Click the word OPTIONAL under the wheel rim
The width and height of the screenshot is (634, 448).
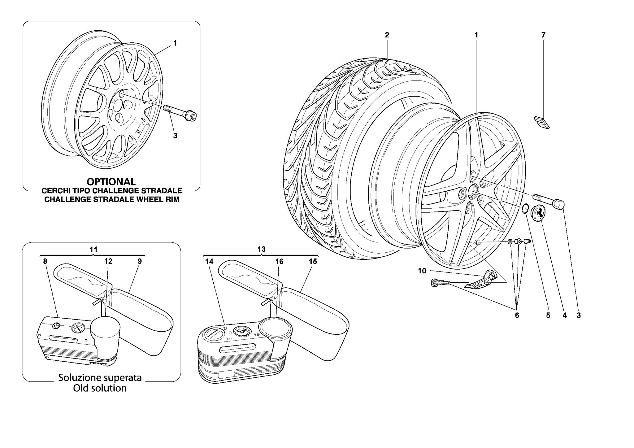[111, 182]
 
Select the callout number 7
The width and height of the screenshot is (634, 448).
[543, 35]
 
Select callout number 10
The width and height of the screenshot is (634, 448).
[422, 271]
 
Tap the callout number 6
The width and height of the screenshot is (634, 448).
[517, 315]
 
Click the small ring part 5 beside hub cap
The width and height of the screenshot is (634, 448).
[525, 209]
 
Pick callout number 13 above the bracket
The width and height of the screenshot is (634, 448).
[261, 249]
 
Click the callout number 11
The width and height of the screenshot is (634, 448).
[93, 249]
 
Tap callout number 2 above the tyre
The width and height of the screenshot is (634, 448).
[387, 35]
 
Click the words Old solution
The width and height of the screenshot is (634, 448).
[100, 388]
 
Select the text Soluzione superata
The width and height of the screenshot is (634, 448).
[100, 377]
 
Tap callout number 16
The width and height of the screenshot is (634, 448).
[279, 261]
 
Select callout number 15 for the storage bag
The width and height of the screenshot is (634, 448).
[313, 261]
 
